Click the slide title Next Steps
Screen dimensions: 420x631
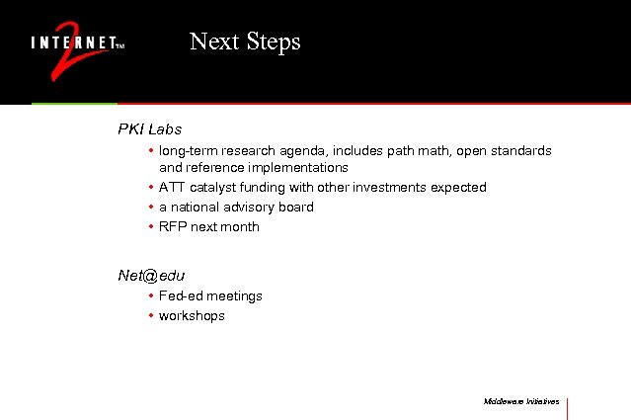tap(245, 42)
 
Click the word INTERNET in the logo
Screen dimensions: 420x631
tap(72, 43)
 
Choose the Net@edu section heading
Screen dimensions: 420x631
tap(151, 276)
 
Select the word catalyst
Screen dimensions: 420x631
tap(214, 188)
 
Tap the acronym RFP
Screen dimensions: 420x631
tap(172, 227)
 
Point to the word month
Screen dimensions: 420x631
tap(241, 227)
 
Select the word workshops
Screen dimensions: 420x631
tap(192, 316)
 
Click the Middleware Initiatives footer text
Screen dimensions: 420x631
tap(521, 402)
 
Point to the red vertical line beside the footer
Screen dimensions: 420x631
tap(568, 407)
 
